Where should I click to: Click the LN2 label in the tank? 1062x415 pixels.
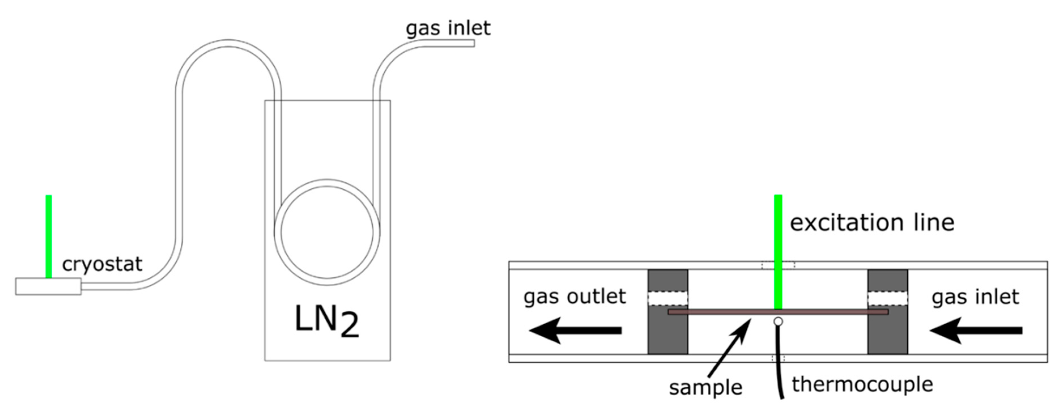pos(327,322)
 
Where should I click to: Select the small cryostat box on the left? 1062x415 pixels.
pos(48,286)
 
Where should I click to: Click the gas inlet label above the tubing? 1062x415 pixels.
pos(448,28)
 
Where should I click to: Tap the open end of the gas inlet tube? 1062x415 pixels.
pos(473,43)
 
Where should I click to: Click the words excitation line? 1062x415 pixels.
pos(872,223)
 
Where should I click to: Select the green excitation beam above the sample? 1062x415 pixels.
pos(778,251)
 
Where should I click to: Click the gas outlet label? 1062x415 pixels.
pos(574,296)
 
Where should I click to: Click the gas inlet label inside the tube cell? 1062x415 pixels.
pos(975,297)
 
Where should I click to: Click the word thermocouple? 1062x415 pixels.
pos(862,384)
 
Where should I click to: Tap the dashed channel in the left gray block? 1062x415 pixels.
pos(667,298)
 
